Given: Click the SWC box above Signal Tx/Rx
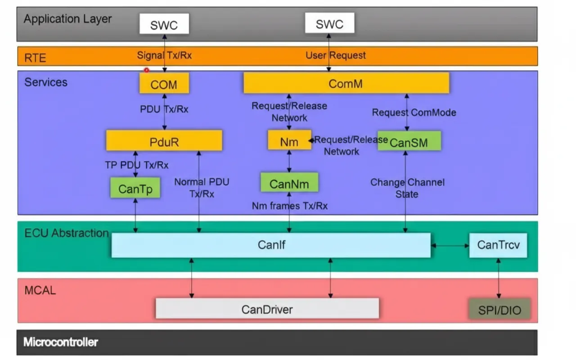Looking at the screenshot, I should click(164, 24).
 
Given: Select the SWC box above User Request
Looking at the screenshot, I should click(329, 23).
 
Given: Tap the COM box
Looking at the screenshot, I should click(164, 83).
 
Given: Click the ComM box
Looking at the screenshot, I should click(346, 83).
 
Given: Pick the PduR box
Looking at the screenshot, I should click(164, 141).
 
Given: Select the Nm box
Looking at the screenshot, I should click(289, 140).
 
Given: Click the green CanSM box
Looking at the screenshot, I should click(409, 141).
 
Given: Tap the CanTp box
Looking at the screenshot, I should click(135, 188).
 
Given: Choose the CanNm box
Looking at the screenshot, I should click(289, 183).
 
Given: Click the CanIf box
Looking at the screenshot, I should click(271, 245).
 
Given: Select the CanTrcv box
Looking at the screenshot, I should click(498, 245).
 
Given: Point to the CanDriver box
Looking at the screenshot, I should click(267, 309).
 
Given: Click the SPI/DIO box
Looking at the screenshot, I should click(499, 310).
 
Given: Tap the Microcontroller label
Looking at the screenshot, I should click(61, 342).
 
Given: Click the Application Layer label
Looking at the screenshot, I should click(67, 19).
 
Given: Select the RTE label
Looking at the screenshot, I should click(35, 57).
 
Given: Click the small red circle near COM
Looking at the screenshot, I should click(146, 70).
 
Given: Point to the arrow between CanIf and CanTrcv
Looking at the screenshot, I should click(450, 246).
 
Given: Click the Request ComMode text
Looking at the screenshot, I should click(414, 112).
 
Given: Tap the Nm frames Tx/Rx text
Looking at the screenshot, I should click(289, 206).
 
